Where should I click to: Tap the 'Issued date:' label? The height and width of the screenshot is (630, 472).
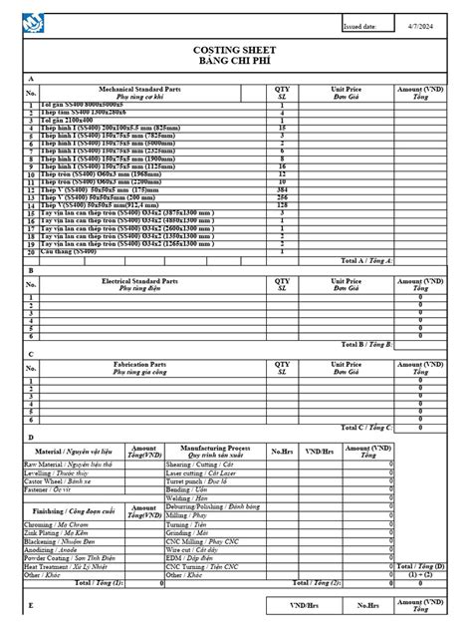359,27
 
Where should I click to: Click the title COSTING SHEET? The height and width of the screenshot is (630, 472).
235,49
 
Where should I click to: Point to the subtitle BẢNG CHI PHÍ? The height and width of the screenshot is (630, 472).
235,61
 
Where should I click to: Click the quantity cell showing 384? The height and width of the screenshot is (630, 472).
282,189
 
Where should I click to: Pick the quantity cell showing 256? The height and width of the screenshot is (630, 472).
282,197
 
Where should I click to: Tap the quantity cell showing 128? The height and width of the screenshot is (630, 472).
282,205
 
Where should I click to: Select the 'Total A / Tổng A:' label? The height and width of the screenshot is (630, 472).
367,260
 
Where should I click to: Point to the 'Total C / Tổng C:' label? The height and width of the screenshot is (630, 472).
367,427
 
